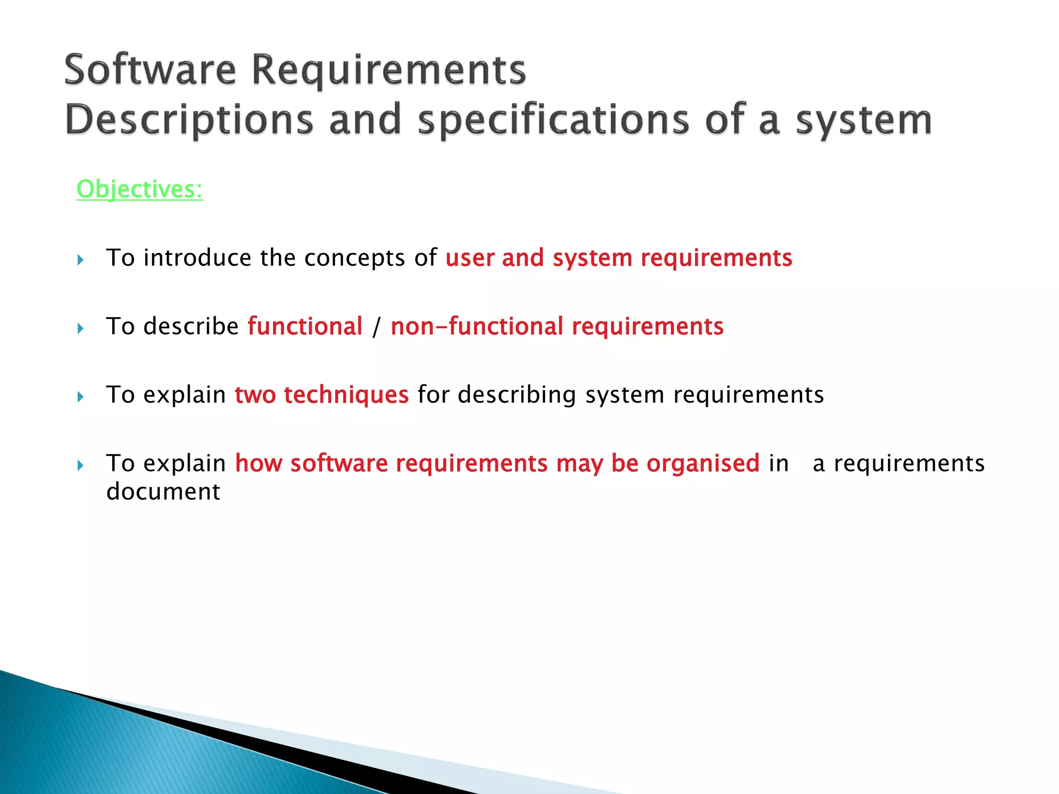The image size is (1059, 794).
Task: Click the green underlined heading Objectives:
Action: point(140,189)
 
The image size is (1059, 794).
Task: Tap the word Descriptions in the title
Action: point(189,120)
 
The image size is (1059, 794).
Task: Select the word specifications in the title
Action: point(554,120)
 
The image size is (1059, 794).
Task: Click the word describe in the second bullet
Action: point(191,326)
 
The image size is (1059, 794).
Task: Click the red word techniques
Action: point(346,395)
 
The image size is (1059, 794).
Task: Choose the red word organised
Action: point(703,463)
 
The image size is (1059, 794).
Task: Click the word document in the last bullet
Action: point(163,491)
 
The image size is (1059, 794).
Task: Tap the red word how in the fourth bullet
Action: point(259,463)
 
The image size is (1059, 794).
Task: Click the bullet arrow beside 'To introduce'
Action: point(80,259)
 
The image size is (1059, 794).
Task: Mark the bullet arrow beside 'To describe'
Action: point(80,328)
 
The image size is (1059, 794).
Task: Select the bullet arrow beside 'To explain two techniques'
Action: point(80,397)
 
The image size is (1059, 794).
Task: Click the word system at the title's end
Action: point(864,120)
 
